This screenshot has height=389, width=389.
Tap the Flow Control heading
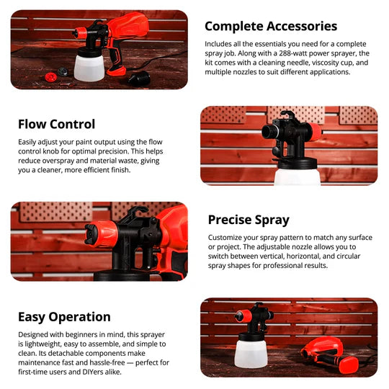point(56,124)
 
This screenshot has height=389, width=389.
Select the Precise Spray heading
point(249,220)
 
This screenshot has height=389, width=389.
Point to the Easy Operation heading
point(64,317)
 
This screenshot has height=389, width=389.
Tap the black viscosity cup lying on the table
point(139,78)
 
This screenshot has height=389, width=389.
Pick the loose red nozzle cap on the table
point(50,76)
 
